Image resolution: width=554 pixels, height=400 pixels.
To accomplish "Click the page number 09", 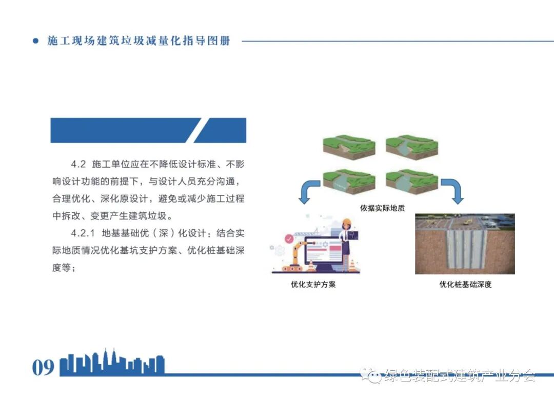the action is pyautogui.click(x=43, y=367).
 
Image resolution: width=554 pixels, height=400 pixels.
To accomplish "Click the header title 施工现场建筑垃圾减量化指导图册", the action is pyautogui.click(x=138, y=41).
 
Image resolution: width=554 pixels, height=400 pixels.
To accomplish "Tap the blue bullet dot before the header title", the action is pyautogui.click(x=35, y=41).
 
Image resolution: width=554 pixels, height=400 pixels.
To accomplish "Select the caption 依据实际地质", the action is pyautogui.click(x=382, y=209).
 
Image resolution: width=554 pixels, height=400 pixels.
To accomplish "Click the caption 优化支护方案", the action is pyautogui.click(x=313, y=284).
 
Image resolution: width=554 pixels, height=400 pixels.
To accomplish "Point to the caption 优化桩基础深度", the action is pyautogui.click(x=465, y=284).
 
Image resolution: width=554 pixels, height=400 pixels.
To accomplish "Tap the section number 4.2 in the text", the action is pyautogui.click(x=77, y=165).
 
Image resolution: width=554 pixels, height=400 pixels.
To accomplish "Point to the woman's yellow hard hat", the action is pyautogui.click(x=347, y=222).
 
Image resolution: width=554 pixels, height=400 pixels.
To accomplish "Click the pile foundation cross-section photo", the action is pyautogui.click(x=465, y=244).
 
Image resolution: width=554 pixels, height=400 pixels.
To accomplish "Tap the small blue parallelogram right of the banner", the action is pyautogui.click(x=220, y=130).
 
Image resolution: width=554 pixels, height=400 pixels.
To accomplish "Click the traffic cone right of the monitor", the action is pyautogui.click(x=352, y=265).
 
